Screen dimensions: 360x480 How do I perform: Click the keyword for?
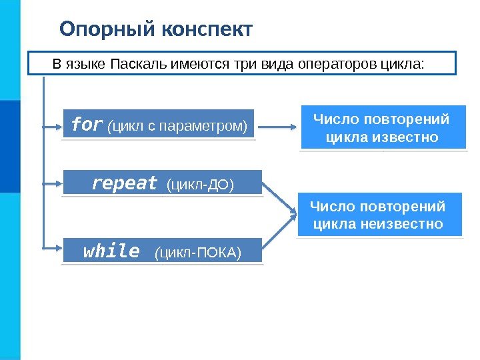pyautogui.click(x=87, y=125)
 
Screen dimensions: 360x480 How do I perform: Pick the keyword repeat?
pyautogui.click(x=125, y=183)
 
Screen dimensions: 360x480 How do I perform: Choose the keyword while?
pyautogui.click(x=111, y=251)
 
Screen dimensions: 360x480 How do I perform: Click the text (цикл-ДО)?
pyautogui.click(x=199, y=184)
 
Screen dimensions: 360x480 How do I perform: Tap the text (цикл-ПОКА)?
pyautogui.click(x=197, y=253)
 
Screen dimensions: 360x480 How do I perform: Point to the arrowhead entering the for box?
pyautogui.click(x=58, y=125)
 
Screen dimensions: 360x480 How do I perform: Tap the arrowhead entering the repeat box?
pyautogui.click(x=58, y=182)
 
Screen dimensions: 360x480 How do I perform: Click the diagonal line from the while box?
pyautogui.click(x=278, y=231)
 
